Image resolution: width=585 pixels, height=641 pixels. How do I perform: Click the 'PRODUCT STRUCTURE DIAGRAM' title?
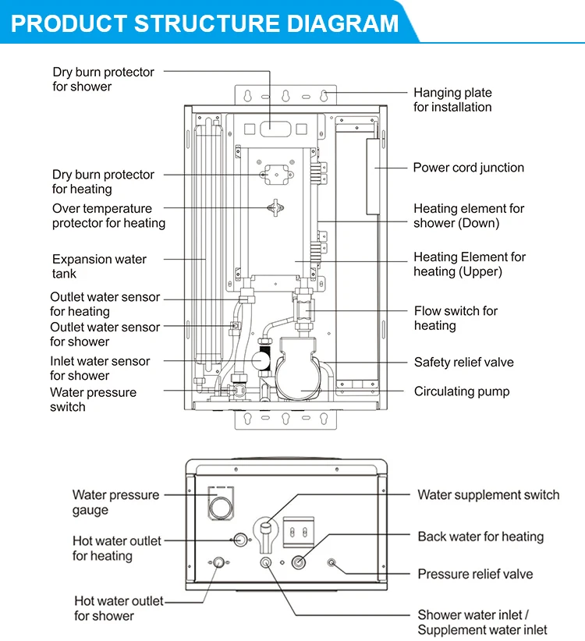204,23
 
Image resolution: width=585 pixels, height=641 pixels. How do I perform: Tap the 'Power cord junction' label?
468,168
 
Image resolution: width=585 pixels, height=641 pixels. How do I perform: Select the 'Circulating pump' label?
461,391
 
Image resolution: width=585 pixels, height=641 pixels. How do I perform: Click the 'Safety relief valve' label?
463,363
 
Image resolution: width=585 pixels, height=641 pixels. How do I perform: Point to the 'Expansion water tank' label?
99,267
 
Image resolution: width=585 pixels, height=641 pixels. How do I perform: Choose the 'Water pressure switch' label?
93,399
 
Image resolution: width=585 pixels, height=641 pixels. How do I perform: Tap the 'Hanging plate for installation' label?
452,100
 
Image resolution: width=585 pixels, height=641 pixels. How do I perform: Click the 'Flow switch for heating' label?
456,318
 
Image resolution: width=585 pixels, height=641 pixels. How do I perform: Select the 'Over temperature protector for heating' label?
108,216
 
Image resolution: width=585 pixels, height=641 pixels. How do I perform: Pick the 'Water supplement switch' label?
488,494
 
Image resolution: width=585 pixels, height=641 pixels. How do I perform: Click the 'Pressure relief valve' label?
475,574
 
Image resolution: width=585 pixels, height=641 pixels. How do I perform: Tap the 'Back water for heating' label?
480,537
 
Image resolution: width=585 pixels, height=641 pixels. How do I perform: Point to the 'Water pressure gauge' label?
115,502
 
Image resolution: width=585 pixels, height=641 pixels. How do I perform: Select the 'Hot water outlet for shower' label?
119,608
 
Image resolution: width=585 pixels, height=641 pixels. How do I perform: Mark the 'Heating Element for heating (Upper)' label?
470,264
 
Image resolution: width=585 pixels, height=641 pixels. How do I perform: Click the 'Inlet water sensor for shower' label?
100,368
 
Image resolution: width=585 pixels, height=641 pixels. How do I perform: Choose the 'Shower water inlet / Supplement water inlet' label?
482,622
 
